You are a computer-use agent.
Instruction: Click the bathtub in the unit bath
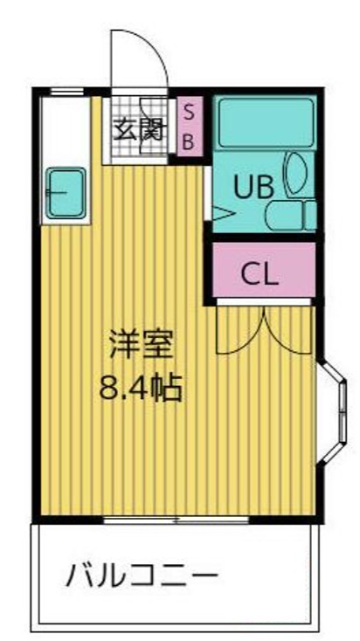264,122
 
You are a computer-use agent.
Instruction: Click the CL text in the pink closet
260,273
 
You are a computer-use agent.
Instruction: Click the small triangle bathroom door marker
219,211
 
